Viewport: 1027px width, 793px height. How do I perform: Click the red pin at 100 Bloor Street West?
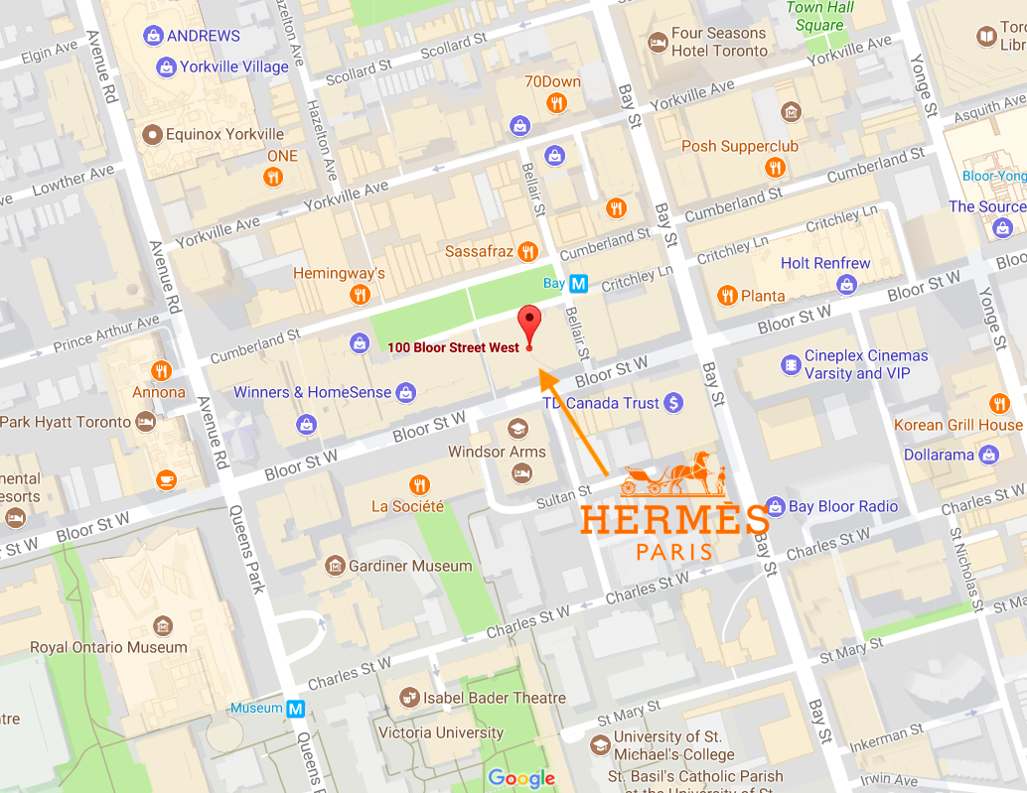tap(529, 324)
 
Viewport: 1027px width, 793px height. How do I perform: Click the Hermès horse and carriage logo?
tap(673, 475)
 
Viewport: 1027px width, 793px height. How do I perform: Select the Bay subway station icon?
tap(578, 284)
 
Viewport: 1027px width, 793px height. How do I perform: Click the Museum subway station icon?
tap(295, 709)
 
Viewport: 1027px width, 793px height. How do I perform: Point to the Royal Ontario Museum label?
tap(108, 647)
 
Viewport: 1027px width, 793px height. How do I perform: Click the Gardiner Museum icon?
tap(335, 566)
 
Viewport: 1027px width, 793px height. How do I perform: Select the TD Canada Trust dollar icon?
tap(673, 403)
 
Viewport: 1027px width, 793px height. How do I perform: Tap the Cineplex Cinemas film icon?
tap(791, 365)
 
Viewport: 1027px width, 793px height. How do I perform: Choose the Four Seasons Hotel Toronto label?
tap(718, 42)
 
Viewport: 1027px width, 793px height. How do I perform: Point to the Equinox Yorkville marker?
tap(153, 134)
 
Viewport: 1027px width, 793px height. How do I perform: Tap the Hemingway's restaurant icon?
tap(360, 295)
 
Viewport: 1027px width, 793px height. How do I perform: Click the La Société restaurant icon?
tap(420, 484)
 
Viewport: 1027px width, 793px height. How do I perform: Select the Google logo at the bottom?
tap(521, 778)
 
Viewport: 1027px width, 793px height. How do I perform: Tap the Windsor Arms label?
tap(498, 452)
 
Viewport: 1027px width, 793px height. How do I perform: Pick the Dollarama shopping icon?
tap(988, 455)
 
